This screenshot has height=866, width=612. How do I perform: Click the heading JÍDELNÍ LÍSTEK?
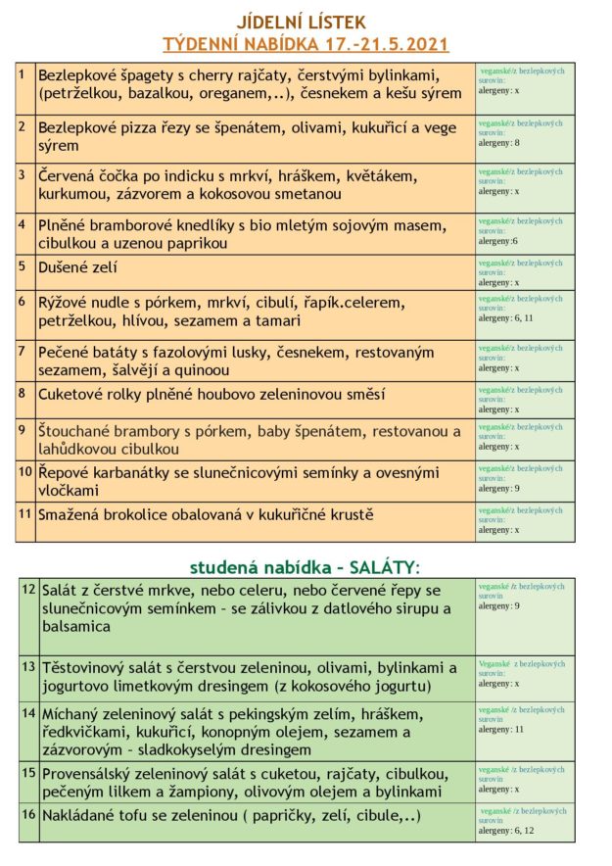302,21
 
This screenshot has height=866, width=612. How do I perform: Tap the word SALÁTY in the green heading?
374,567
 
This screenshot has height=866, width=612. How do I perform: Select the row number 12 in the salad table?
28,589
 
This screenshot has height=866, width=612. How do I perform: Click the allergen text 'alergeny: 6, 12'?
506,830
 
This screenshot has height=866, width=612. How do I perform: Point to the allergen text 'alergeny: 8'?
498,142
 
